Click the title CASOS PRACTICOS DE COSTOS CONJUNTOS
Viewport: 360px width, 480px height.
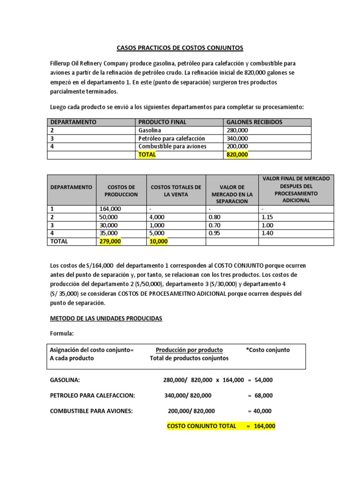[180, 48]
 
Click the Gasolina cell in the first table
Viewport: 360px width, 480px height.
[150, 130]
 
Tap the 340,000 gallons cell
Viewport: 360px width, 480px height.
[238, 138]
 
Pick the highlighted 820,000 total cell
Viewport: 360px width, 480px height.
[238, 155]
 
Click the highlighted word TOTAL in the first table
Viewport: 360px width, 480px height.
[147, 155]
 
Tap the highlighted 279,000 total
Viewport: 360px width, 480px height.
[110, 241]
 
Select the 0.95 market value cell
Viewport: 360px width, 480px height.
[213, 233]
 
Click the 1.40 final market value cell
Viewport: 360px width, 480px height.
[268, 233]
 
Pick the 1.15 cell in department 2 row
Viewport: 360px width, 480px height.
[268, 217]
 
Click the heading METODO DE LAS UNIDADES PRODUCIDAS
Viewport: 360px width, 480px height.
[106, 318]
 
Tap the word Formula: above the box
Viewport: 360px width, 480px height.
[62, 334]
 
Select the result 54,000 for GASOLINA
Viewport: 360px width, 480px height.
[264, 380]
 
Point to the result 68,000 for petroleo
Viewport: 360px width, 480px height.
[264, 396]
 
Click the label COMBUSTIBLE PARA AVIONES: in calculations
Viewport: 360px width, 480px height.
[91, 411]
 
